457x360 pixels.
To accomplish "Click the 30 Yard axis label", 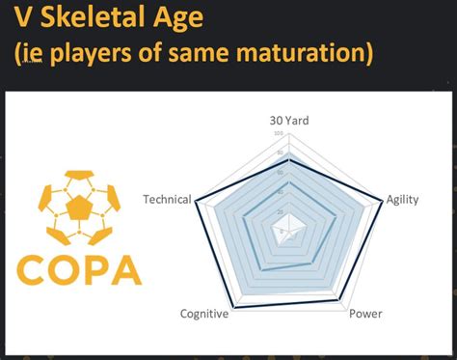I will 289,121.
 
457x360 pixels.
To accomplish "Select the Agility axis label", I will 402,200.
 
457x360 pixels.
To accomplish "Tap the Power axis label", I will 364,313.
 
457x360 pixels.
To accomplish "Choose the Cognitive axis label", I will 204,313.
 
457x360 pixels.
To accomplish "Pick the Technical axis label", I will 166,200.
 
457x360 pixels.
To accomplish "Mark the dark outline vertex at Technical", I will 197,204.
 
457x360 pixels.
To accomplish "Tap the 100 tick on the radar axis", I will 279,133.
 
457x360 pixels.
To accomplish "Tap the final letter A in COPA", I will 125,270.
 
